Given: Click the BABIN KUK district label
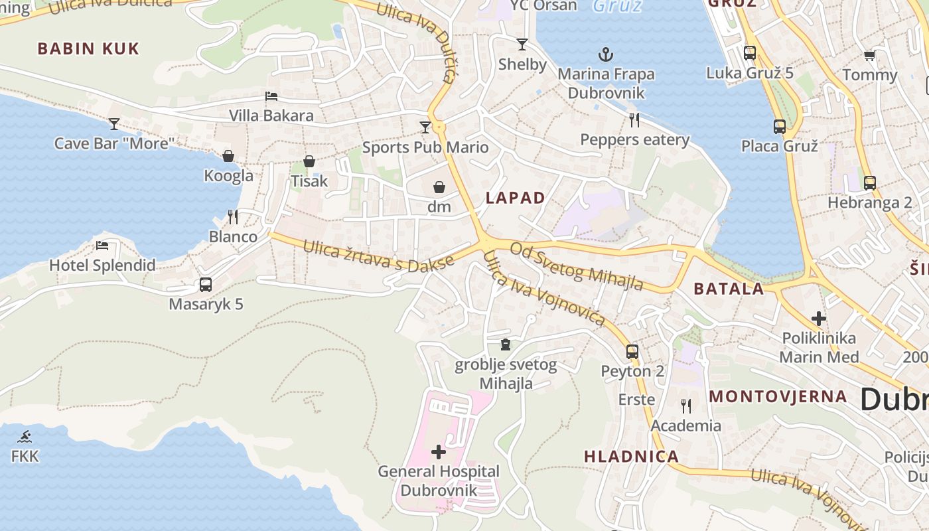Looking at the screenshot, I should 88,48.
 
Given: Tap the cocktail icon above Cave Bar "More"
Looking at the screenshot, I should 114,123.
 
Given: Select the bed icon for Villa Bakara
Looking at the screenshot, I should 271,96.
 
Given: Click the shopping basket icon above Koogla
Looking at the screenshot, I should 228,156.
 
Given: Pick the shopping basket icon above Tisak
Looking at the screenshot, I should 309,161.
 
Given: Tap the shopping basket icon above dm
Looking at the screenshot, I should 439,187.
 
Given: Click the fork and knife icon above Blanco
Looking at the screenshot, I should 233,217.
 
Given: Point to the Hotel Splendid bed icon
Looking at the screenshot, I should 102,246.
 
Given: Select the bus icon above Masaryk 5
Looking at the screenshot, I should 206,285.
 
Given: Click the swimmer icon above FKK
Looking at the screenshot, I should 25,437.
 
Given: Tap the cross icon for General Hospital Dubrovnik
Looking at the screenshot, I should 439,452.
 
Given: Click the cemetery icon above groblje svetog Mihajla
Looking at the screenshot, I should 506,344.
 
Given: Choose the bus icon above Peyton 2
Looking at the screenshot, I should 632,352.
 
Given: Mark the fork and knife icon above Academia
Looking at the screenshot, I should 685,406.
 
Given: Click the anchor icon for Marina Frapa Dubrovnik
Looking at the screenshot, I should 605,54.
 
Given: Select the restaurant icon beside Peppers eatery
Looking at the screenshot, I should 634,120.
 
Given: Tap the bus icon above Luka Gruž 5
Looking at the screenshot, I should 750,53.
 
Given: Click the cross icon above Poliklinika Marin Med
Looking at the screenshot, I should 819,319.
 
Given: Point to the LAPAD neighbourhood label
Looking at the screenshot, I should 515,198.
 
